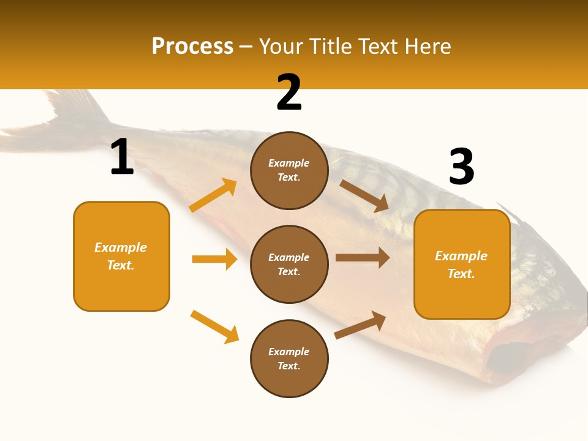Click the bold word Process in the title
pyautogui.click(x=192, y=47)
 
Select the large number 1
pyautogui.click(x=122, y=157)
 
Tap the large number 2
pyautogui.click(x=289, y=92)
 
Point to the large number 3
pyautogui.click(x=461, y=167)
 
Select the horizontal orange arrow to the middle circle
pyautogui.click(x=214, y=259)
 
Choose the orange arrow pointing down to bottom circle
pyautogui.click(x=214, y=326)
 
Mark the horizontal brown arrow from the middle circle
pyautogui.click(x=363, y=258)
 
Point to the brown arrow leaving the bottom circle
pyautogui.click(x=360, y=325)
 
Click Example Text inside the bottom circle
pyautogui.click(x=289, y=359)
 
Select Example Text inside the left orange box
pyautogui.click(x=121, y=256)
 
